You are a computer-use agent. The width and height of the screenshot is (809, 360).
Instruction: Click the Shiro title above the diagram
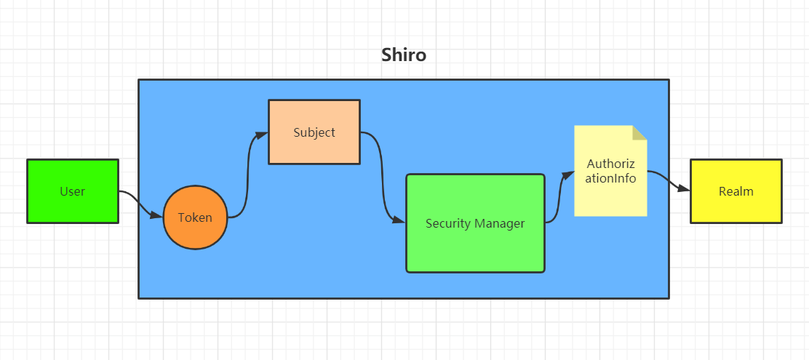point(404,55)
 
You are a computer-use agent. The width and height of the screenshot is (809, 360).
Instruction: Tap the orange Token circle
point(195,217)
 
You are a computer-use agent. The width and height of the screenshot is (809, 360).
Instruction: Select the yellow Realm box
point(736,192)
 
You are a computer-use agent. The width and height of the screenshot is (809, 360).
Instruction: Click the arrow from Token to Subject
point(248,175)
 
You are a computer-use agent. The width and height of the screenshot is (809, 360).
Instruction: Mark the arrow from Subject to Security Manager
point(383,178)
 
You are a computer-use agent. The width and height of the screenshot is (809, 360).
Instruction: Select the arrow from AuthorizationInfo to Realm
point(666,178)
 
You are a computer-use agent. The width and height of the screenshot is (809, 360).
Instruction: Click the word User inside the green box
point(73,192)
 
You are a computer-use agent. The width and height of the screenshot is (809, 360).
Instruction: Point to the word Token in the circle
point(195,217)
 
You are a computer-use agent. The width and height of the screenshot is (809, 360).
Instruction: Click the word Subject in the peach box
point(314,132)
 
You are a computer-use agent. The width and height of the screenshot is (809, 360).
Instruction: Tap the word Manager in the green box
point(500,223)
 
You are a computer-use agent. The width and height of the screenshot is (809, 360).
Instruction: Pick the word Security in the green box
point(448,223)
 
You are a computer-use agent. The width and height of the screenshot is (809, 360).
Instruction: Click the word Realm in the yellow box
point(736,192)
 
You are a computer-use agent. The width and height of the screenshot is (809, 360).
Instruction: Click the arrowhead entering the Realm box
point(683,189)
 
